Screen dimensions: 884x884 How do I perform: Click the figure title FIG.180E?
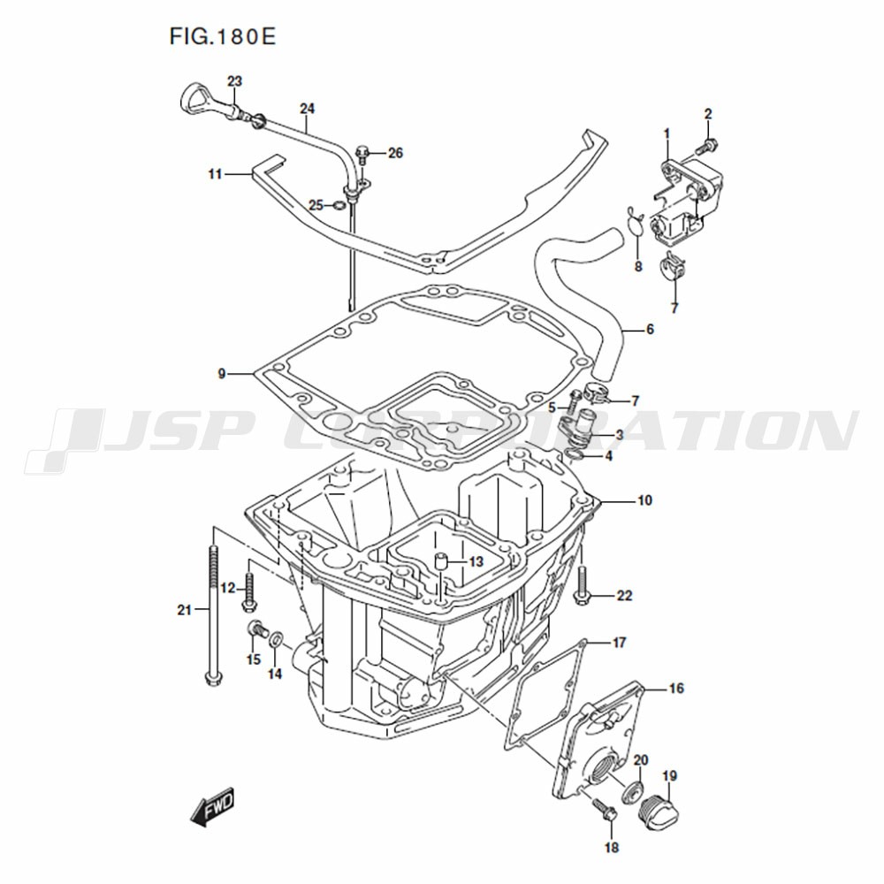pos(223,36)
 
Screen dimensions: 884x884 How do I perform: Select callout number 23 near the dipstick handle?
pos(234,81)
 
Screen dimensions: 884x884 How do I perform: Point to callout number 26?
pos(396,153)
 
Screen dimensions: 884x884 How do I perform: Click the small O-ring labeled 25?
pos(339,205)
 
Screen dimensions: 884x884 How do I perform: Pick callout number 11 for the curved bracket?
pos(215,174)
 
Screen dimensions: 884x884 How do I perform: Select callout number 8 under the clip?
pos(638,265)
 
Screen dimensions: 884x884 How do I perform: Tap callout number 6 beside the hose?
pos(650,329)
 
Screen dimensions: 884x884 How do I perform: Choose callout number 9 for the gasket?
pos(222,373)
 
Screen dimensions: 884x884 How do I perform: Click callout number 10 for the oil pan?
pos(644,500)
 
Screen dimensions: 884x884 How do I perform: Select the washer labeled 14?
pos(276,640)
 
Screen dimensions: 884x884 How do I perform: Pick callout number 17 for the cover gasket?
pos(619,642)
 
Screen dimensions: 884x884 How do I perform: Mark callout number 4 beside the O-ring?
pos(608,455)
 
